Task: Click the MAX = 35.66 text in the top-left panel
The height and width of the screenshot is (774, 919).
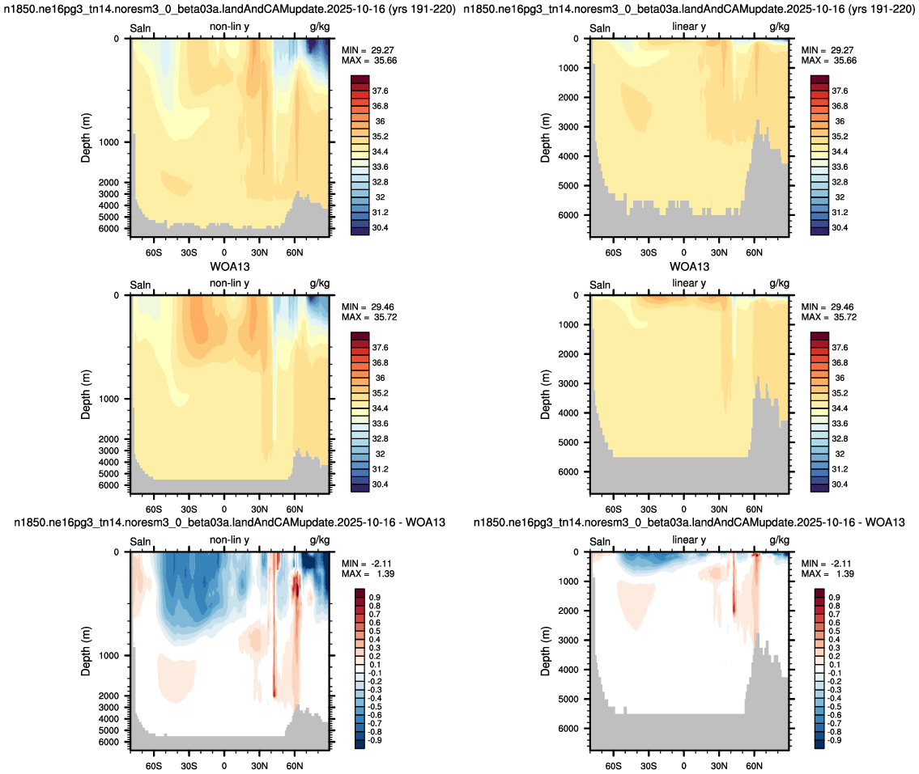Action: tap(369, 61)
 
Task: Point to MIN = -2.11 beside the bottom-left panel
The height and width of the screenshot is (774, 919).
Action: tap(367, 563)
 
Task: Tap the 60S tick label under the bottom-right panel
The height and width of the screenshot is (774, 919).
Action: tap(613, 766)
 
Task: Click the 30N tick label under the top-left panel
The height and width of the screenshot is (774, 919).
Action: tap(259, 252)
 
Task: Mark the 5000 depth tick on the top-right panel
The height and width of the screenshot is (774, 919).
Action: tap(568, 185)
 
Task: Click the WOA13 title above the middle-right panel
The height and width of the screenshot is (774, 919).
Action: tap(689, 267)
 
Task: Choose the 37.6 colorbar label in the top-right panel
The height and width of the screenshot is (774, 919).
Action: tap(840, 91)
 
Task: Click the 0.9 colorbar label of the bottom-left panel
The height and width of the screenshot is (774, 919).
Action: tap(375, 597)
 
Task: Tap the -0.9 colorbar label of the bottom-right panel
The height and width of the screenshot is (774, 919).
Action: tap(833, 740)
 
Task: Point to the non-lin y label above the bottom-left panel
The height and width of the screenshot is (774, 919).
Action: tap(229, 539)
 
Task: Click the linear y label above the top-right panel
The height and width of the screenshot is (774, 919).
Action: tap(689, 27)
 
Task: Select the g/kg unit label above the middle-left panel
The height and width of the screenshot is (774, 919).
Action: tap(319, 284)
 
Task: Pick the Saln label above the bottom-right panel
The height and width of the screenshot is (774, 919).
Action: tap(600, 542)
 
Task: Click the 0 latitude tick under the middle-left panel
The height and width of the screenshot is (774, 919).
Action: tap(224, 510)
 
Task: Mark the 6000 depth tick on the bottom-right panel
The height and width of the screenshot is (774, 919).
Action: tap(568, 729)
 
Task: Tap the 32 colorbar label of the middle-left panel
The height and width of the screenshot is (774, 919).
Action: tap(380, 454)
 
